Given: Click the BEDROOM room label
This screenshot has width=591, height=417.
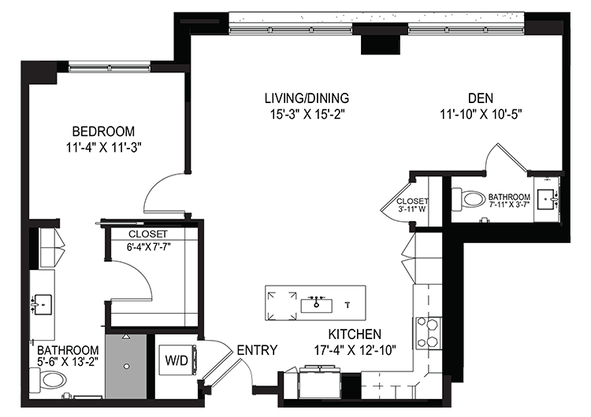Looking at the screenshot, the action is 103,131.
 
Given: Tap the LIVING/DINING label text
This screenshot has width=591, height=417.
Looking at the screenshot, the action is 307,98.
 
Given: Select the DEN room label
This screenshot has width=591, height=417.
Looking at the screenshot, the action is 481,98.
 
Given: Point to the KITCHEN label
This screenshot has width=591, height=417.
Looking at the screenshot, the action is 355,334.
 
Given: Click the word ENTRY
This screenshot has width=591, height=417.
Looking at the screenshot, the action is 257,350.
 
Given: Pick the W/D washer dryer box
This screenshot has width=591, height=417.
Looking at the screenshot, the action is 177,360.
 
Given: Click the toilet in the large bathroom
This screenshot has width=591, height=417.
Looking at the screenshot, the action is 48,379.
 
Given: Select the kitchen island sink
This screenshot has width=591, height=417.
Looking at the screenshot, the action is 316,304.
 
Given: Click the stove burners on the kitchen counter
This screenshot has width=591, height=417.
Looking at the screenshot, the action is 429,333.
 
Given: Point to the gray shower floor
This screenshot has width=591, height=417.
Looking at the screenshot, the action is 125,366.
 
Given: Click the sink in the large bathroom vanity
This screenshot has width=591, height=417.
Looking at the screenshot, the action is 42,304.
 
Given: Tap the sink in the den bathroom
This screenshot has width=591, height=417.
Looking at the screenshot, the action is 548,200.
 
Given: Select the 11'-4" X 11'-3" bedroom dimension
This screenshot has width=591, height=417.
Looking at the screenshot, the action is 103,148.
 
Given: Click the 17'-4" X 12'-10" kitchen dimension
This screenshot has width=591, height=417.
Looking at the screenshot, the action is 355,350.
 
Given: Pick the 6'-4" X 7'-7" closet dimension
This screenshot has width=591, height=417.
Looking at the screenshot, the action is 148,247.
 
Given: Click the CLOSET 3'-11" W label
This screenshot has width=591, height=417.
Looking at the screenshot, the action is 412,205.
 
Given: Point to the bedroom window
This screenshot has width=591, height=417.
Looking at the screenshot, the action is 110,68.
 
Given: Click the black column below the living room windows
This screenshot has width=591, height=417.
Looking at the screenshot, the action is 381,44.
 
